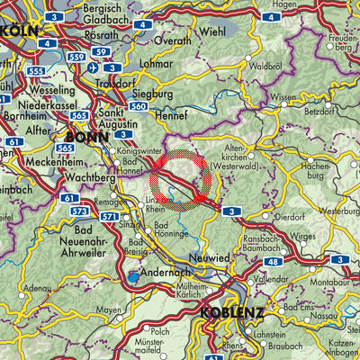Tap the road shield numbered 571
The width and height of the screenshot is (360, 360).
tap(107, 217)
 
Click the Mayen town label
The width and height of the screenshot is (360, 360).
tap(109, 310)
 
